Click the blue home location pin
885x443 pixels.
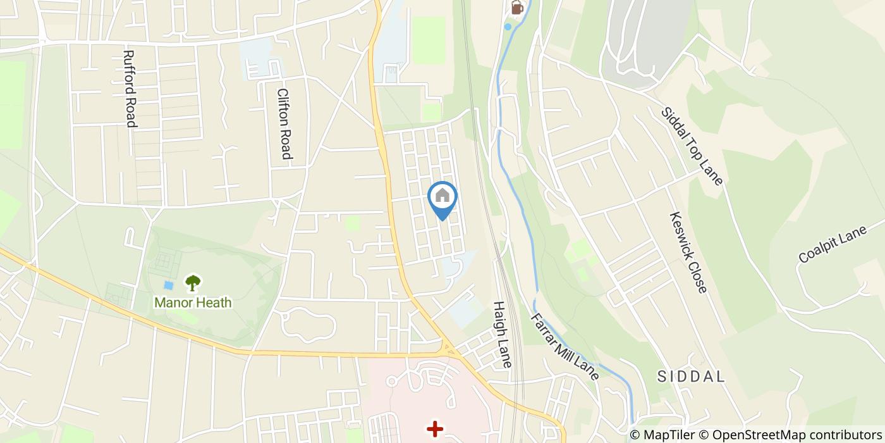pos(442,197)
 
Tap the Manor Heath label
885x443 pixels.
pos(193,303)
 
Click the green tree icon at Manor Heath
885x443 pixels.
pos(193,283)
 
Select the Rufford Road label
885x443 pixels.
pos(130,89)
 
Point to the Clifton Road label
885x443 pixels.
pos(284,123)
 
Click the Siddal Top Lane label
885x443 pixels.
pos(692,146)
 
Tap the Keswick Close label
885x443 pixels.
pos(688,252)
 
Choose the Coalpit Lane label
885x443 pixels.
pos(833,245)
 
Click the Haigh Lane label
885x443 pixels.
pos(502,334)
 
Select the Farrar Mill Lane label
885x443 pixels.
pos(564,346)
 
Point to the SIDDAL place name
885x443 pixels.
pos(691,377)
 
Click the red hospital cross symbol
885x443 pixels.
pos(435,429)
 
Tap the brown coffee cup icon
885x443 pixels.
pos(517,8)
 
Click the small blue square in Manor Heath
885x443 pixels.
pos(168,285)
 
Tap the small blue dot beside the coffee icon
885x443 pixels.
pos(507,27)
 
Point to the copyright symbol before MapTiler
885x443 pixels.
pos(635,435)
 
